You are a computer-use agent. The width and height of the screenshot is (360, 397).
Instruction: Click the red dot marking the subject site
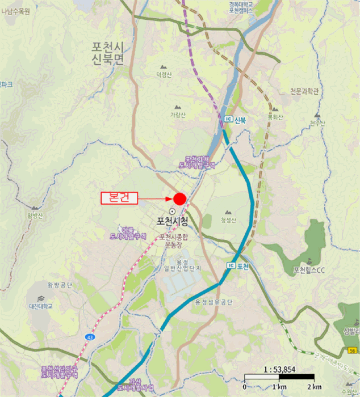click(179, 198)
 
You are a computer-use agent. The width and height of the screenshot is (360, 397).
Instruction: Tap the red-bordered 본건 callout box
click(119, 198)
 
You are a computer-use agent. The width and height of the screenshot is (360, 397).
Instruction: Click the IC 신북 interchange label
click(235, 119)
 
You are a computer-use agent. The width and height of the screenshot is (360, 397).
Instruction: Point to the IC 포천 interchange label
click(238, 265)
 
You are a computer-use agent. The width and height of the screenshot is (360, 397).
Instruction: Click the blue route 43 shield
click(90, 337)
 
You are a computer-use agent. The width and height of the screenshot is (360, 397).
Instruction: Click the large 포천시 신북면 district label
click(108, 52)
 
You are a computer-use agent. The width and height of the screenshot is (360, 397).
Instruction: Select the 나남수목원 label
click(16, 10)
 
